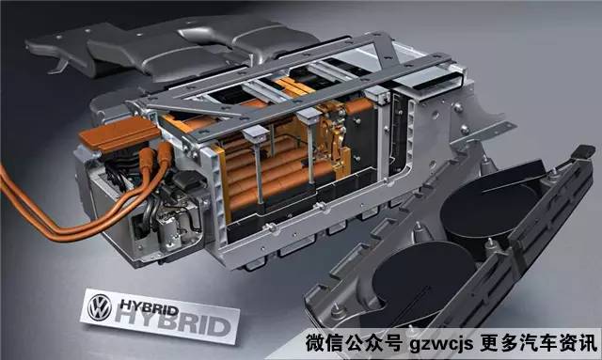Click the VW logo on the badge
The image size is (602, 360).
(x=100, y=307)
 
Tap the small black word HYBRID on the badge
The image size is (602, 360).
(x=150, y=307)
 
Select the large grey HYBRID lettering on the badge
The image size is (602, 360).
(x=173, y=322)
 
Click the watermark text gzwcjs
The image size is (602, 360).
(x=441, y=343)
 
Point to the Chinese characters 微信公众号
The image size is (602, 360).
(x=355, y=342)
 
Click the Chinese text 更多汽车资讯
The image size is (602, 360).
(x=539, y=342)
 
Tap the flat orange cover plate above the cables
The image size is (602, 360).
(x=119, y=133)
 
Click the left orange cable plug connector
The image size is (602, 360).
(x=147, y=158)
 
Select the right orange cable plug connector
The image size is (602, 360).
(x=165, y=153)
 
